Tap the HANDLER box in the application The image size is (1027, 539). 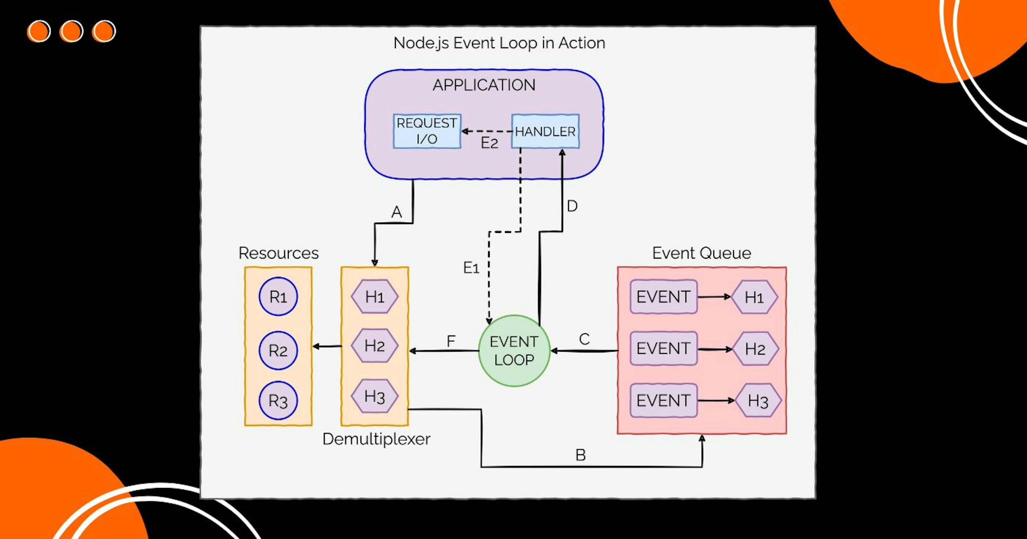point(545,132)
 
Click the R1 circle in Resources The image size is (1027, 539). point(278,297)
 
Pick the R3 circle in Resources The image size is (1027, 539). point(278,401)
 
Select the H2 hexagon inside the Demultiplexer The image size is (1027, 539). point(374,346)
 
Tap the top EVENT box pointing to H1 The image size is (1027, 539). point(663,297)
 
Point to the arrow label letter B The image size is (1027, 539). point(580,455)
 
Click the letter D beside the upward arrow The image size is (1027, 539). point(572,206)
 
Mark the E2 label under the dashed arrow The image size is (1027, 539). point(489,143)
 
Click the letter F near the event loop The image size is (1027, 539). point(451,341)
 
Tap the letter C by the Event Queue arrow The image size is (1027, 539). point(584,339)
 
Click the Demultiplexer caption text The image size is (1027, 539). point(376,439)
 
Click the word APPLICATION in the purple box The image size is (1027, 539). point(484,85)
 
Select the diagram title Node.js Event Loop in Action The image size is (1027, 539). point(499,43)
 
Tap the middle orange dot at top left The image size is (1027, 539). point(71,31)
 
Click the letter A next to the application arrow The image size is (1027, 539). point(396,212)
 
